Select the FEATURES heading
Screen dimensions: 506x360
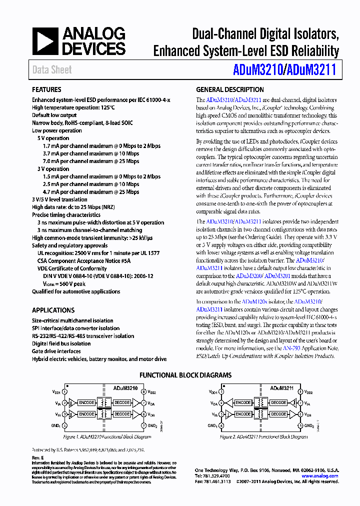(x=46, y=89)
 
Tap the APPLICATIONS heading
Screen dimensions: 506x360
(x=53, y=310)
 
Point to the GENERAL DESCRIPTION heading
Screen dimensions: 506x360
(x=230, y=89)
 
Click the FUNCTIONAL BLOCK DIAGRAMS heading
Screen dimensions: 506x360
(x=185, y=375)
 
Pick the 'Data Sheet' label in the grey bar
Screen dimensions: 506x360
(x=52, y=69)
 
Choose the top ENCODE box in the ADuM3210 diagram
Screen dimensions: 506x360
(x=86, y=402)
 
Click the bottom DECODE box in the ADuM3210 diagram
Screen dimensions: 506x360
(x=122, y=414)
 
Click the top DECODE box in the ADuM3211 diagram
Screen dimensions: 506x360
(x=279, y=402)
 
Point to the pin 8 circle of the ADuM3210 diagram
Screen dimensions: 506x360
(x=144, y=392)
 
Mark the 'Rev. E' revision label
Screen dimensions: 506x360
(x=38, y=457)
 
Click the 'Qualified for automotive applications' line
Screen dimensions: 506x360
(x=76, y=291)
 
